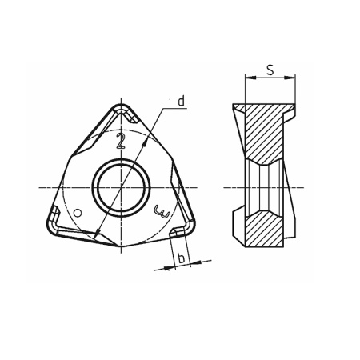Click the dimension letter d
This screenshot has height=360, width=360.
[182, 101]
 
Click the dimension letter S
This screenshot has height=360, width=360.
[270, 70]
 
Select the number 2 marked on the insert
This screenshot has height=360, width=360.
[121, 142]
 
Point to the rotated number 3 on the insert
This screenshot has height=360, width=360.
[163, 213]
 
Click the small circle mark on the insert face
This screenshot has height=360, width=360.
[78, 212]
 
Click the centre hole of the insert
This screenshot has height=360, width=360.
[121, 188]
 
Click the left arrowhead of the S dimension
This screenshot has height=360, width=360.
[247, 78]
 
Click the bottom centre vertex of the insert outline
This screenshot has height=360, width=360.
[121, 249]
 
